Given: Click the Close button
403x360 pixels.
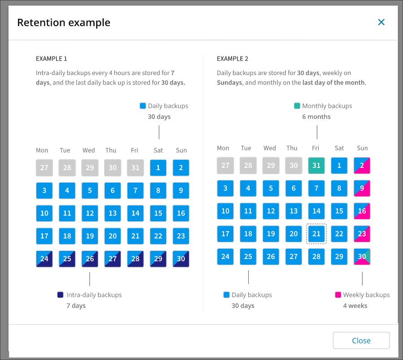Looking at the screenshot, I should point(361,341).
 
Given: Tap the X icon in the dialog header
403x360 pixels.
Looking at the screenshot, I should point(381,22).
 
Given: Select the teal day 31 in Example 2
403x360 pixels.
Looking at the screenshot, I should point(316,165).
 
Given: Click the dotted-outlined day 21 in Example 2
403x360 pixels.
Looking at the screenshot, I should point(316,234).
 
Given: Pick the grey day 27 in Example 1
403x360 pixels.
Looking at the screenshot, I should point(44,167).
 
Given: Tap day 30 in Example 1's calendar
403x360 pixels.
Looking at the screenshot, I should point(181,259).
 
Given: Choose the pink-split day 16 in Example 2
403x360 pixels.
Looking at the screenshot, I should point(362,211).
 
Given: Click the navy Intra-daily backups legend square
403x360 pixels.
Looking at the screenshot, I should point(61,295).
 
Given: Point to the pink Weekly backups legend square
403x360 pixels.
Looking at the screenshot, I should point(338,295).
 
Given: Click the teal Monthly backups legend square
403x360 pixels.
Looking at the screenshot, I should point(297,106).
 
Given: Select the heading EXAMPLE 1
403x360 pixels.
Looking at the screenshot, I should point(52,59).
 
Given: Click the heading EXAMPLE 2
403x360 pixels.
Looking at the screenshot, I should point(232,59).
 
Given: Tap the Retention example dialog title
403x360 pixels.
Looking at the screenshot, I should point(64,22).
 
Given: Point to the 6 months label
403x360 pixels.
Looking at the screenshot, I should point(316,117).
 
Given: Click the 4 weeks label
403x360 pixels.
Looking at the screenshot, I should point(355,306).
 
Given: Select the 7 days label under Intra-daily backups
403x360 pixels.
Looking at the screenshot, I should point(76,306).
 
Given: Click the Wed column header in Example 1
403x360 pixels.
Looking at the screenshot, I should point(88,150).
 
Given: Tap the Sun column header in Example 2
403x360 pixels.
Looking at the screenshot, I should point(362,148).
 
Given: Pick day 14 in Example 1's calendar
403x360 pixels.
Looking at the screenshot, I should point(135,213).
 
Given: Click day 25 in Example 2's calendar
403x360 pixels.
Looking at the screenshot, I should point(248,257).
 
